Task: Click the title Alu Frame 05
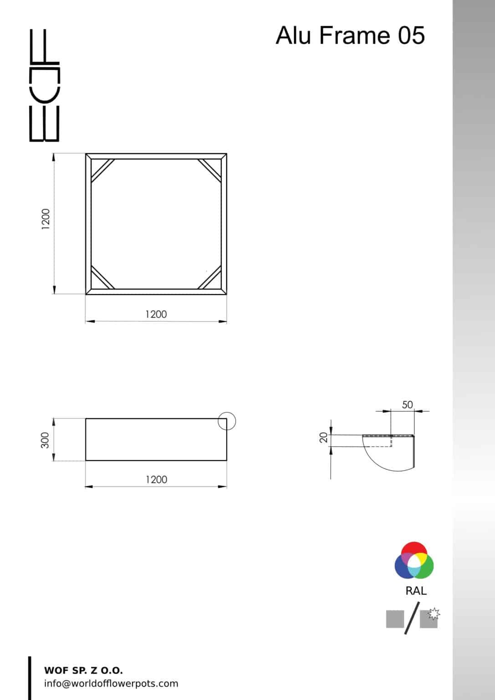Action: click(x=350, y=36)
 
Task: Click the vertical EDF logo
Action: click(x=44, y=85)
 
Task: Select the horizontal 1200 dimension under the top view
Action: click(x=156, y=314)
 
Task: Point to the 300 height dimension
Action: click(x=45, y=440)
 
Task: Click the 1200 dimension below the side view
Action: click(x=156, y=479)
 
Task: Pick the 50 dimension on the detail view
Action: click(x=407, y=405)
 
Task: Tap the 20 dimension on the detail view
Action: click(x=323, y=438)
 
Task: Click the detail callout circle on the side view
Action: click(x=227, y=422)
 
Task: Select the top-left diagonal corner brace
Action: click(x=102, y=170)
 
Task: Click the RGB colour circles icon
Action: click(x=414, y=561)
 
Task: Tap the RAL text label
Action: click(x=416, y=591)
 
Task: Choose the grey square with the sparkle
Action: click(x=429, y=618)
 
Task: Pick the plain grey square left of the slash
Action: click(x=395, y=619)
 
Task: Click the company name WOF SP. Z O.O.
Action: click(x=83, y=670)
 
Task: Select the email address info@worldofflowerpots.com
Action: click(x=111, y=684)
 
